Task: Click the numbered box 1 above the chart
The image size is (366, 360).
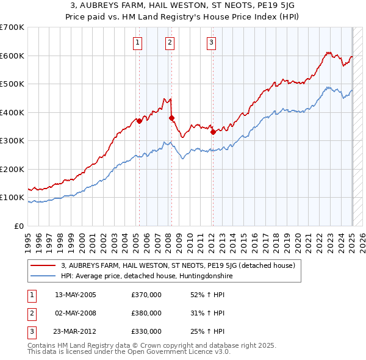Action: point(138,42)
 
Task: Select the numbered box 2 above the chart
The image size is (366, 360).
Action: point(169,42)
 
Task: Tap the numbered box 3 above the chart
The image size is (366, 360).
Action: point(211,42)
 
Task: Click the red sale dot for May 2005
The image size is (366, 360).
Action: point(140,121)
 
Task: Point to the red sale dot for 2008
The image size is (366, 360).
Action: point(172,118)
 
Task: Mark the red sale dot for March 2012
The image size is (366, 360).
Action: point(213,132)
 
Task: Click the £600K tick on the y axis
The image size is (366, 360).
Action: point(12,56)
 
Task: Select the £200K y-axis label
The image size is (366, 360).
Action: point(12,169)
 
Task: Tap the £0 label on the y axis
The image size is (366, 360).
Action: point(19,226)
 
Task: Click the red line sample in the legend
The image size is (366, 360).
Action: point(43,265)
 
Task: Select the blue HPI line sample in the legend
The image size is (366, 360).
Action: point(43,276)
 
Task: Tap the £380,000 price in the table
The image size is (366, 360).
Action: point(146,313)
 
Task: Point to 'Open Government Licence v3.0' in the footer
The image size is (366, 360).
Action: point(176,352)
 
